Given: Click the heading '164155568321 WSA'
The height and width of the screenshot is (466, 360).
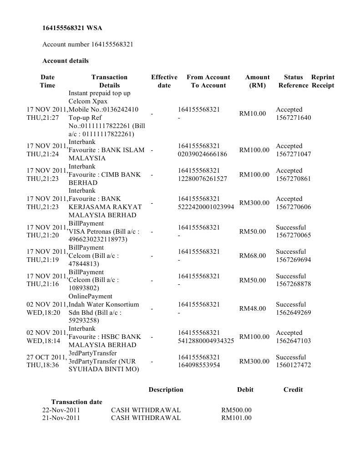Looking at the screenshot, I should tap(72, 28).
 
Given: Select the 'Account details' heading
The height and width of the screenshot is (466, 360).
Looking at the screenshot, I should tap(66, 61).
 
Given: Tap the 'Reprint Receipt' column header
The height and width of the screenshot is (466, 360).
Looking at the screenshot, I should tap(323, 81).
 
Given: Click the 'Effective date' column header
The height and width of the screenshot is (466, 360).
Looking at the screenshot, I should tap(164, 81).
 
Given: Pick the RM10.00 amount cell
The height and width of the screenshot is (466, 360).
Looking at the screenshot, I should tap(253, 113).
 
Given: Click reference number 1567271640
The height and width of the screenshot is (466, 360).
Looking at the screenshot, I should tap(294, 118).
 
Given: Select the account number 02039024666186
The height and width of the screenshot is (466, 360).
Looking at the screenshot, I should tap(203, 154).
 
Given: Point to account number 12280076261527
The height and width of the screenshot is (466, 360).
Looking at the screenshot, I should tap(203, 179).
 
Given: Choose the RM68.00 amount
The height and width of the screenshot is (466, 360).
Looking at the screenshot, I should tap(253, 256).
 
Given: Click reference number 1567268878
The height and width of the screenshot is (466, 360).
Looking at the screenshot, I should tap(294, 284).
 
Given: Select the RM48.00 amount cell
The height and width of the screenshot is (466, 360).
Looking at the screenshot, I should tap(253, 308).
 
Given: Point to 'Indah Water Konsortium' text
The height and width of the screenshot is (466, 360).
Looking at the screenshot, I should tap(104, 304).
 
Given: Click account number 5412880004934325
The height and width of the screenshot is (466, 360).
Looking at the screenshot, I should tap(206, 341).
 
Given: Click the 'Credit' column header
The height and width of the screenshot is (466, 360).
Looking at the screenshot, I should tap(293, 389).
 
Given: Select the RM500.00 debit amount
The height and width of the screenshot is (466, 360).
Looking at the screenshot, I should tap(236, 410).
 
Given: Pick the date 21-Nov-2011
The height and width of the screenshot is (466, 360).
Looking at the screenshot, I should tap(61, 418).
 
